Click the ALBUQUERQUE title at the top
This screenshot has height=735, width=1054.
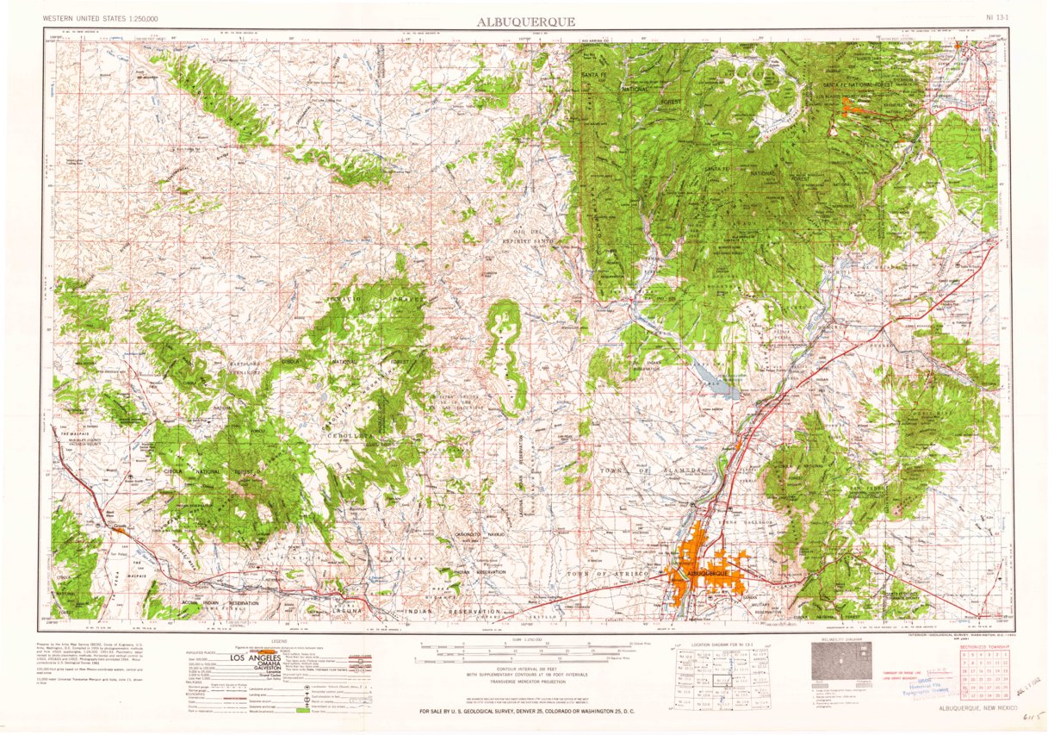point(526,22)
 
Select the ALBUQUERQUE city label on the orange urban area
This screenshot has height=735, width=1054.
point(708,573)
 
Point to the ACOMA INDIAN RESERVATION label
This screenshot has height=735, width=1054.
point(206,603)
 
